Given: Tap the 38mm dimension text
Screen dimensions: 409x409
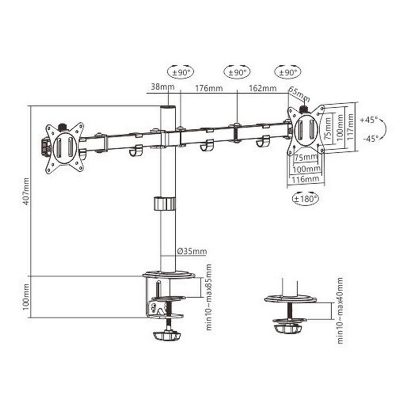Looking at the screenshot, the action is [163, 87].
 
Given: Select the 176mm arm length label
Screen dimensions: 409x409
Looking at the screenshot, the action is [209, 88].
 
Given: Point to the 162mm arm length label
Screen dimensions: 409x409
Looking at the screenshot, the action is [263, 88].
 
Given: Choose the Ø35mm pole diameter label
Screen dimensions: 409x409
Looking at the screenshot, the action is [192, 251].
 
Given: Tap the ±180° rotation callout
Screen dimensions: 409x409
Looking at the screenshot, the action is [306, 199].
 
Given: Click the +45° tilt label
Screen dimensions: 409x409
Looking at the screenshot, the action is [368, 120].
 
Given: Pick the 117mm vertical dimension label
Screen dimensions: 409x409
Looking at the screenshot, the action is [350, 127].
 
